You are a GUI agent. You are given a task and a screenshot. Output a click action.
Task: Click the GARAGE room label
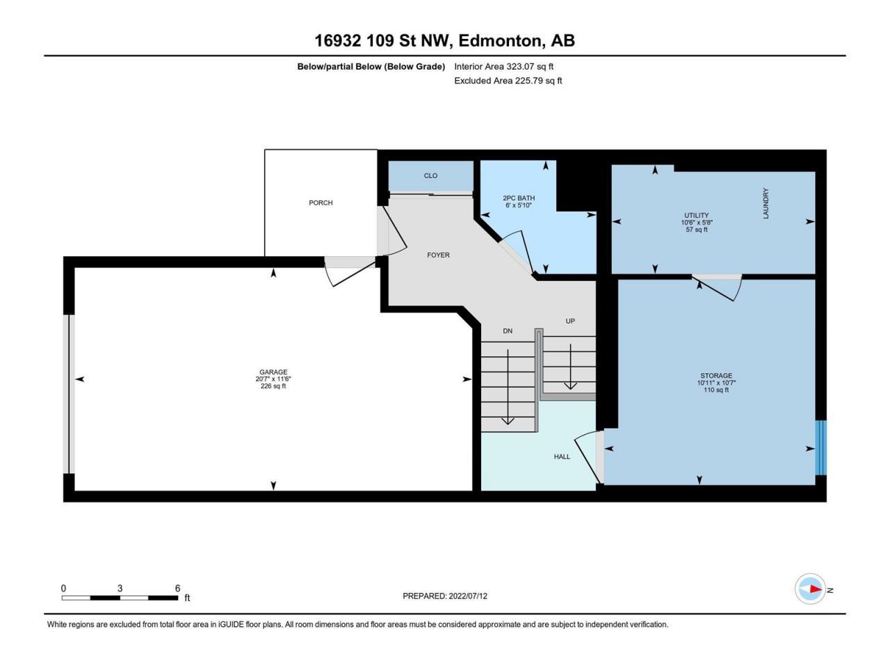(273, 372)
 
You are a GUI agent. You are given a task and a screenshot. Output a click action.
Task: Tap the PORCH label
(321, 202)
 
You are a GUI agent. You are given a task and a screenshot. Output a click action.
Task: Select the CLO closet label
(430, 175)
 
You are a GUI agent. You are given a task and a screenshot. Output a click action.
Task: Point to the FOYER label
(438, 255)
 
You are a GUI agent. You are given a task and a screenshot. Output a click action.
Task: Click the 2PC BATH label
(519, 198)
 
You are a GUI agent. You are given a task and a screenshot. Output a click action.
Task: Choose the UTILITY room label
(697, 216)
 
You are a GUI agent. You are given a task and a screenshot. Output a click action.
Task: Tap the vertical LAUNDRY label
(766, 204)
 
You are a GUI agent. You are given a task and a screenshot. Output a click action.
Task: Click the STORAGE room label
(716, 376)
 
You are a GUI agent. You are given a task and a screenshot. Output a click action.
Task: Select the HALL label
(562, 456)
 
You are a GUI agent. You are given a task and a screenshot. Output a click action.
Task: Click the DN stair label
(508, 331)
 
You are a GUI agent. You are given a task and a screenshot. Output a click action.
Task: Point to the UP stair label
(570, 321)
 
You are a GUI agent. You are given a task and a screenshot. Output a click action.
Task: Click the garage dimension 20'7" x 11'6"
(273, 379)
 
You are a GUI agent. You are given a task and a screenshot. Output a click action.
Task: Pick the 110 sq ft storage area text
(716, 390)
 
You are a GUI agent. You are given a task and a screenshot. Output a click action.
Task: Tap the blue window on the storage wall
(820, 447)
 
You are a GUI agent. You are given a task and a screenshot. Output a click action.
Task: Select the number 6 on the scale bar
(177, 588)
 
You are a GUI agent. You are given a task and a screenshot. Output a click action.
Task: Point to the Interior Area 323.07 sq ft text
(503, 67)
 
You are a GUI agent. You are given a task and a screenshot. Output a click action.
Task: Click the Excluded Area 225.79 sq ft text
(508, 81)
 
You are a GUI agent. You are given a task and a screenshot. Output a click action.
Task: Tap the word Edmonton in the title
(501, 41)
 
